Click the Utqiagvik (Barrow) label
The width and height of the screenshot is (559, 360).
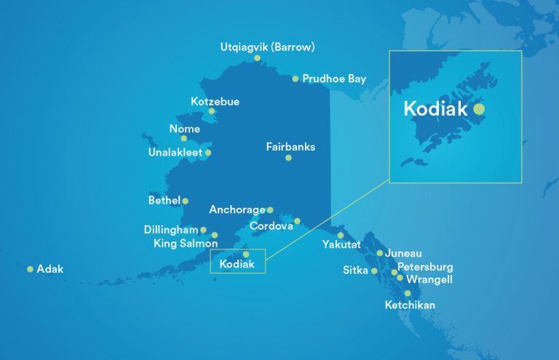(x=267, y=47)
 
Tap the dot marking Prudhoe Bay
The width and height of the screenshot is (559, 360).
(x=296, y=79)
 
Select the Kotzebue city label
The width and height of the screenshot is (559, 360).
(x=215, y=101)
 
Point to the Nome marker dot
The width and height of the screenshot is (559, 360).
(x=184, y=138)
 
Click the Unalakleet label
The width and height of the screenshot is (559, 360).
(x=175, y=153)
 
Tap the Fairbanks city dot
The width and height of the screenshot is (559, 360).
(x=288, y=158)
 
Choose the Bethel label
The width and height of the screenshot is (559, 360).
(x=164, y=200)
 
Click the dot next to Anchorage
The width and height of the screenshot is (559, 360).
(x=270, y=210)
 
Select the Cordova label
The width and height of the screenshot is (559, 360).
(x=271, y=226)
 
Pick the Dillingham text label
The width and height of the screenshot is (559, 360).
(x=170, y=230)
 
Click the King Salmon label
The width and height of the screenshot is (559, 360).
(x=186, y=244)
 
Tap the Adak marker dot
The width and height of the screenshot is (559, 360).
(x=30, y=269)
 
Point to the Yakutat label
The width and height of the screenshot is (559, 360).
(x=341, y=245)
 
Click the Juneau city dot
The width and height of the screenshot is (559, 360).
(x=380, y=253)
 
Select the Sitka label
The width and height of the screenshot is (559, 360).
(x=355, y=271)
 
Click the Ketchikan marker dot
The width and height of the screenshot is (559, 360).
(x=408, y=293)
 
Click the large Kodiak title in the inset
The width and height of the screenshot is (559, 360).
(x=435, y=110)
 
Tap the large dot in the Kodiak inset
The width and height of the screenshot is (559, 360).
(x=478, y=109)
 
